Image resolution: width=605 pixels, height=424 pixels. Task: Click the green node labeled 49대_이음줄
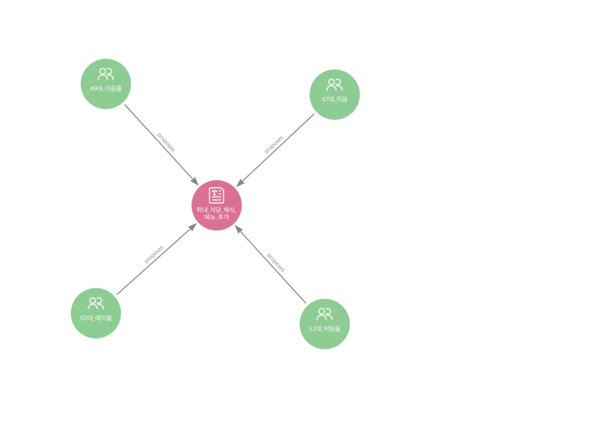[x=105, y=84]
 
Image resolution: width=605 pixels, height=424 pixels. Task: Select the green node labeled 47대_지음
[x=335, y=95]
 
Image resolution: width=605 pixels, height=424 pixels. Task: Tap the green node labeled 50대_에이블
[x=95, y=313]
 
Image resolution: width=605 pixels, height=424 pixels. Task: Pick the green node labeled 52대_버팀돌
[x=325, y=324]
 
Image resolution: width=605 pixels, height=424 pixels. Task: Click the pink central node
[x=216, y=205]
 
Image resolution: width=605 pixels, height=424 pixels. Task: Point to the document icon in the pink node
[x=216, y=195]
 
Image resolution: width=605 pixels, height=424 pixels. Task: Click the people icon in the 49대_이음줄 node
[x=105, y=73]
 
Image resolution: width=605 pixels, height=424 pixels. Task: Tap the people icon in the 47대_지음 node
[x=335, y=84]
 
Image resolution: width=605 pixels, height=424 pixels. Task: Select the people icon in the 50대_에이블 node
[x=95, y=302]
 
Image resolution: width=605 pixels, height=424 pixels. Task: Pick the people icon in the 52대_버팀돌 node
[x=325, y=313]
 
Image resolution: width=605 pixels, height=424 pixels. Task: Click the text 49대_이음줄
[x=105, y=88]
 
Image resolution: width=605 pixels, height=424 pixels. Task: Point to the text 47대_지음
[x=335, y=99]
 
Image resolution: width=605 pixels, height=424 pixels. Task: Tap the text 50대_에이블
[x=95, y=317]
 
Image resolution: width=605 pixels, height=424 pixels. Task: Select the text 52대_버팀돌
[x=325, y=329]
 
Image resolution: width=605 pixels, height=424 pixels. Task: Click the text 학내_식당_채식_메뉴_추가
[x=216, y=213]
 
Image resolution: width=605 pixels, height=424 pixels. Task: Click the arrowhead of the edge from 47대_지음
[x=241, y=182]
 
